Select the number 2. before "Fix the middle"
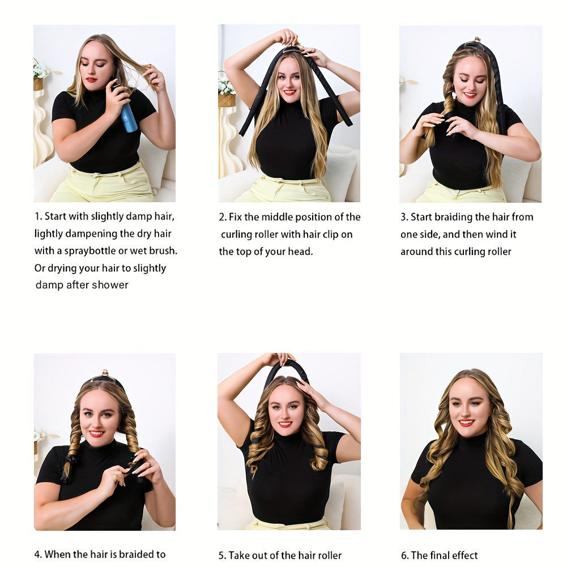point(223,217)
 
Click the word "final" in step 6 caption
point(442,556)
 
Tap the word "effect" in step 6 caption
point(467,556)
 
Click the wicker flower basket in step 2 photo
point(227,100)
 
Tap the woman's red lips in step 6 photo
point(467,423)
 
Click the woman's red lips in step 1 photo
point(91,79)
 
